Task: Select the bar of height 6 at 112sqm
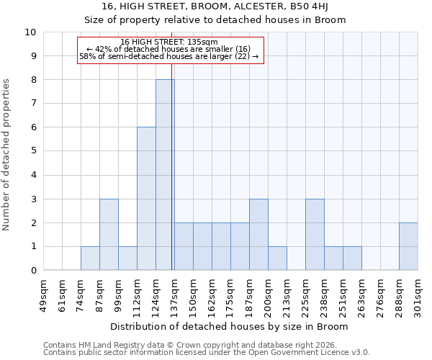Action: (x=146, y=199)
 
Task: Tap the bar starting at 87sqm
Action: (x=109, y=235)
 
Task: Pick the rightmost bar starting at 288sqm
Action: (x=408, y=246)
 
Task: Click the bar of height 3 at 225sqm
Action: (x=315, y=235)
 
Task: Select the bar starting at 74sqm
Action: (x=90, y=258)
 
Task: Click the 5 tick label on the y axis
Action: (x=33, y=151)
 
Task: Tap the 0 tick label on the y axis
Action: (x=33, y=271)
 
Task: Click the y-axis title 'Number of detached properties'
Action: (x=7, y=156)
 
